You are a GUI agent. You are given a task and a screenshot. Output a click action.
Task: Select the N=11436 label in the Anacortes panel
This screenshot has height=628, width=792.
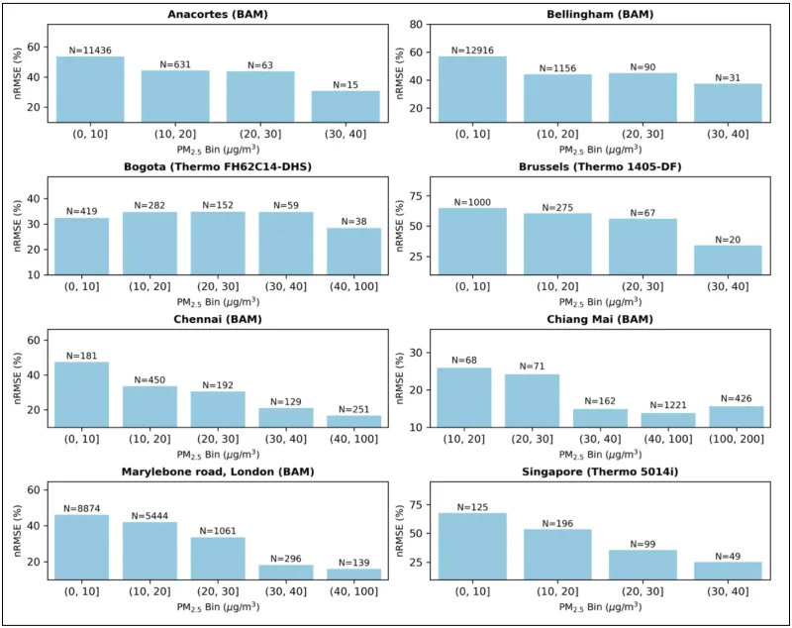point(90,50)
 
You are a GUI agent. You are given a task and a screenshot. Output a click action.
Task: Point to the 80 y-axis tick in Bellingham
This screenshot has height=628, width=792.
point(420,24)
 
